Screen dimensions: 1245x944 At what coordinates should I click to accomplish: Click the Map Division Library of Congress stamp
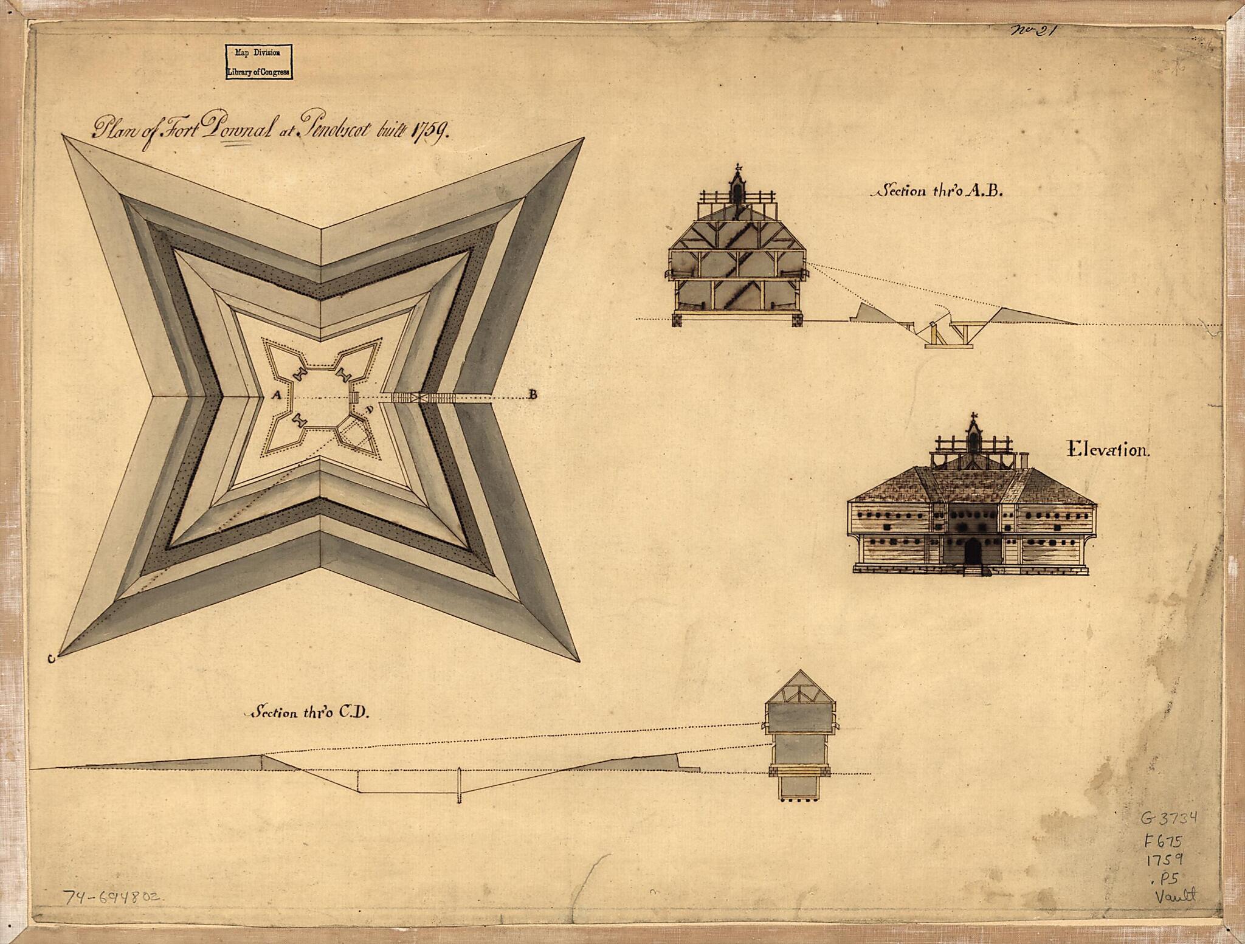click(258, 61)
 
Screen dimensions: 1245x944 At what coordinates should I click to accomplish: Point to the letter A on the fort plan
click(276, 394)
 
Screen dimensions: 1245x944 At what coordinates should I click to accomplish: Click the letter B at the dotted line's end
click(533, 394)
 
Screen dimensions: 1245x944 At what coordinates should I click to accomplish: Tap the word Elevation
click(1108, 451)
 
